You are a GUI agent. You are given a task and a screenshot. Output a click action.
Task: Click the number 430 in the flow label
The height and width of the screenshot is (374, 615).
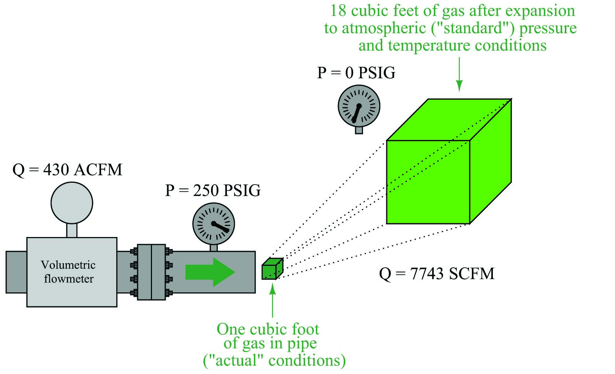(56, 170)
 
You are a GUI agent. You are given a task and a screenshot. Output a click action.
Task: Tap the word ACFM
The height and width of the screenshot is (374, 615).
(98, 170)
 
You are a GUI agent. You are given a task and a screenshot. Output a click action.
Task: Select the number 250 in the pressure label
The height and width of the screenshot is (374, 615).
(205, 191)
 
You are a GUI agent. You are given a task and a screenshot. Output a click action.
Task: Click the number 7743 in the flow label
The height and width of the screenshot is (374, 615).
(426, 274)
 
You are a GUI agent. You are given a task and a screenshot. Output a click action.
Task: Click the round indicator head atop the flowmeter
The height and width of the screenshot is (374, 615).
(72, 203)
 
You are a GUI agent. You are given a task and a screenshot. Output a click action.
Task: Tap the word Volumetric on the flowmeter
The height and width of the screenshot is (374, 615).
(68, 265)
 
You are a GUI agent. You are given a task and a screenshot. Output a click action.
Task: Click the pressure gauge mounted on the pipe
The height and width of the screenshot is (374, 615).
(214, 224)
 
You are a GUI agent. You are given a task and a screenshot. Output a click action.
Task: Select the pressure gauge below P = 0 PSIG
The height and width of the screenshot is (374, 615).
(359, 106)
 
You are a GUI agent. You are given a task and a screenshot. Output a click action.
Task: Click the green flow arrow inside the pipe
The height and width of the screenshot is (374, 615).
(210, 272)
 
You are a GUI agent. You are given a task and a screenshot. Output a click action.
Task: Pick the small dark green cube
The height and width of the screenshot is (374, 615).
(272, 269)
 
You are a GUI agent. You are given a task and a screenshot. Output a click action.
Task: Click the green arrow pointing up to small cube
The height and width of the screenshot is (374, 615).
(272, 301)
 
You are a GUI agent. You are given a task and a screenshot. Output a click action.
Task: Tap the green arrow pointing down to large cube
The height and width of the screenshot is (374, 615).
(459, 74)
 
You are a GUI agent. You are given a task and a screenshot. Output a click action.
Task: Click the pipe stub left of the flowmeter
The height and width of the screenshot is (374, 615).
(16, 272)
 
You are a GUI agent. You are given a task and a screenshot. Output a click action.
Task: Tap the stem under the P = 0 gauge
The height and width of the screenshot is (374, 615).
(359, 130)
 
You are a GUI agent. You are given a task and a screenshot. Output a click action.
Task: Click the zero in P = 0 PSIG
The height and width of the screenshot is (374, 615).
(349, 73)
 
